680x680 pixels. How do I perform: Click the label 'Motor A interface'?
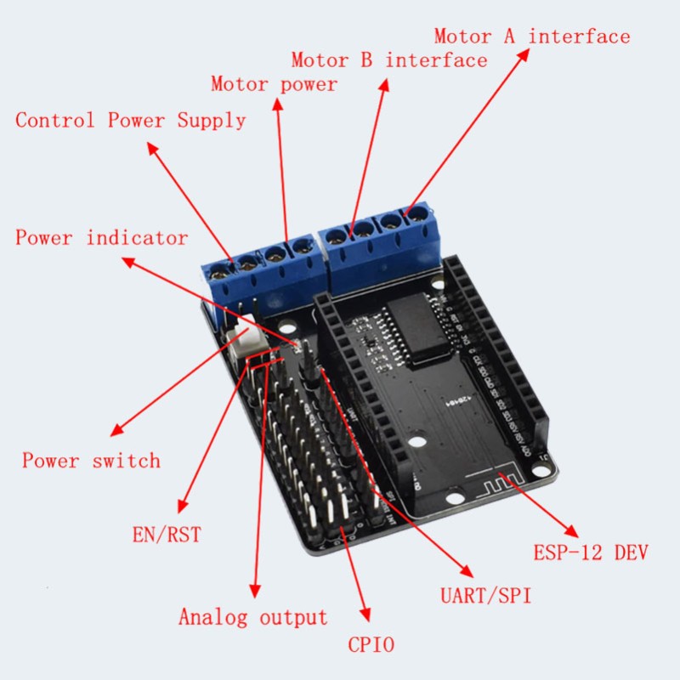click(x=532, y=37)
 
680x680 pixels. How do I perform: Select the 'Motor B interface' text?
click(x=389, y=60)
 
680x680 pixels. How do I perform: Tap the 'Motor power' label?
click(x=274, y=84)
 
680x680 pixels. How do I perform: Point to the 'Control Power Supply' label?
click(x=131, y=120)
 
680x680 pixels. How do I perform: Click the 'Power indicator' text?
click(x=101, y=237)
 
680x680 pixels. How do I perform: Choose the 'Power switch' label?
click(x=91, y=461)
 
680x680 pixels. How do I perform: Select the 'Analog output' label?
click(x=252, y=617)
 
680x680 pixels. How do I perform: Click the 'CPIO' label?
click(x=371, y=644)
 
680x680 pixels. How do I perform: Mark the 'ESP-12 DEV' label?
click(x=591, y=553)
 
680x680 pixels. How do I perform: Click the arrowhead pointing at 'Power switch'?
click(x=116, y=432)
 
